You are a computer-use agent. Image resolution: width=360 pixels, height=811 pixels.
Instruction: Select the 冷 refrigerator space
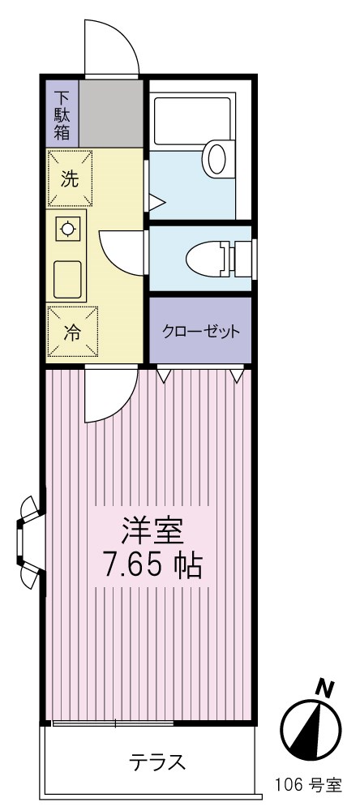click(x=71, y=331)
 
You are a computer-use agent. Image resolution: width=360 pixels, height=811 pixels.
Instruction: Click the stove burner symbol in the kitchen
click(x=69, y=229)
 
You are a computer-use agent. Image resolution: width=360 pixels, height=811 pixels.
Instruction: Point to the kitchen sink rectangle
click(x=70, y=281)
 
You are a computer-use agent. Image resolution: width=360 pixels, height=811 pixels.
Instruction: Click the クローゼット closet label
click(x=201, y=331)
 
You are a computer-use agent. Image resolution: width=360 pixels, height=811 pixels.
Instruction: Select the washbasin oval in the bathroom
click(x=216, y=158)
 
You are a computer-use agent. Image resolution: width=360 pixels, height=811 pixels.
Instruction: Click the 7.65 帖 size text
click(x=150, y=565)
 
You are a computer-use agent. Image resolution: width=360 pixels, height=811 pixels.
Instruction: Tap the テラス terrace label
click(x=158, y=762)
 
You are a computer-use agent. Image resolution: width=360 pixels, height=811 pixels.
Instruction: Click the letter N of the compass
click(x=326, y=689)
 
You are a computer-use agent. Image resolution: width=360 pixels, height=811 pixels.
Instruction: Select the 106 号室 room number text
click(x=308, y=784)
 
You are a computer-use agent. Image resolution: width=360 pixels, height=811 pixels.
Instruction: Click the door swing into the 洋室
click(x=109, y=397)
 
